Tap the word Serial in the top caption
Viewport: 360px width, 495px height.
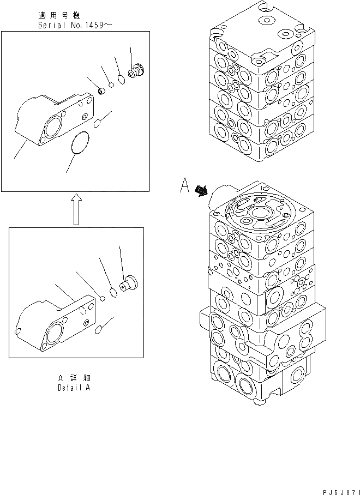[x=50, y=25]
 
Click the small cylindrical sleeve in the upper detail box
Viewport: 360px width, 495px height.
[x=100, y=90]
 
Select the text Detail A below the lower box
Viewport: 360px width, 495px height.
[x=74, y=388]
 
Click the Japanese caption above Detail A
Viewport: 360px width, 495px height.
[x=74, y=378]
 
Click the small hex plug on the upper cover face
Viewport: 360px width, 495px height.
[x=85, y=117]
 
